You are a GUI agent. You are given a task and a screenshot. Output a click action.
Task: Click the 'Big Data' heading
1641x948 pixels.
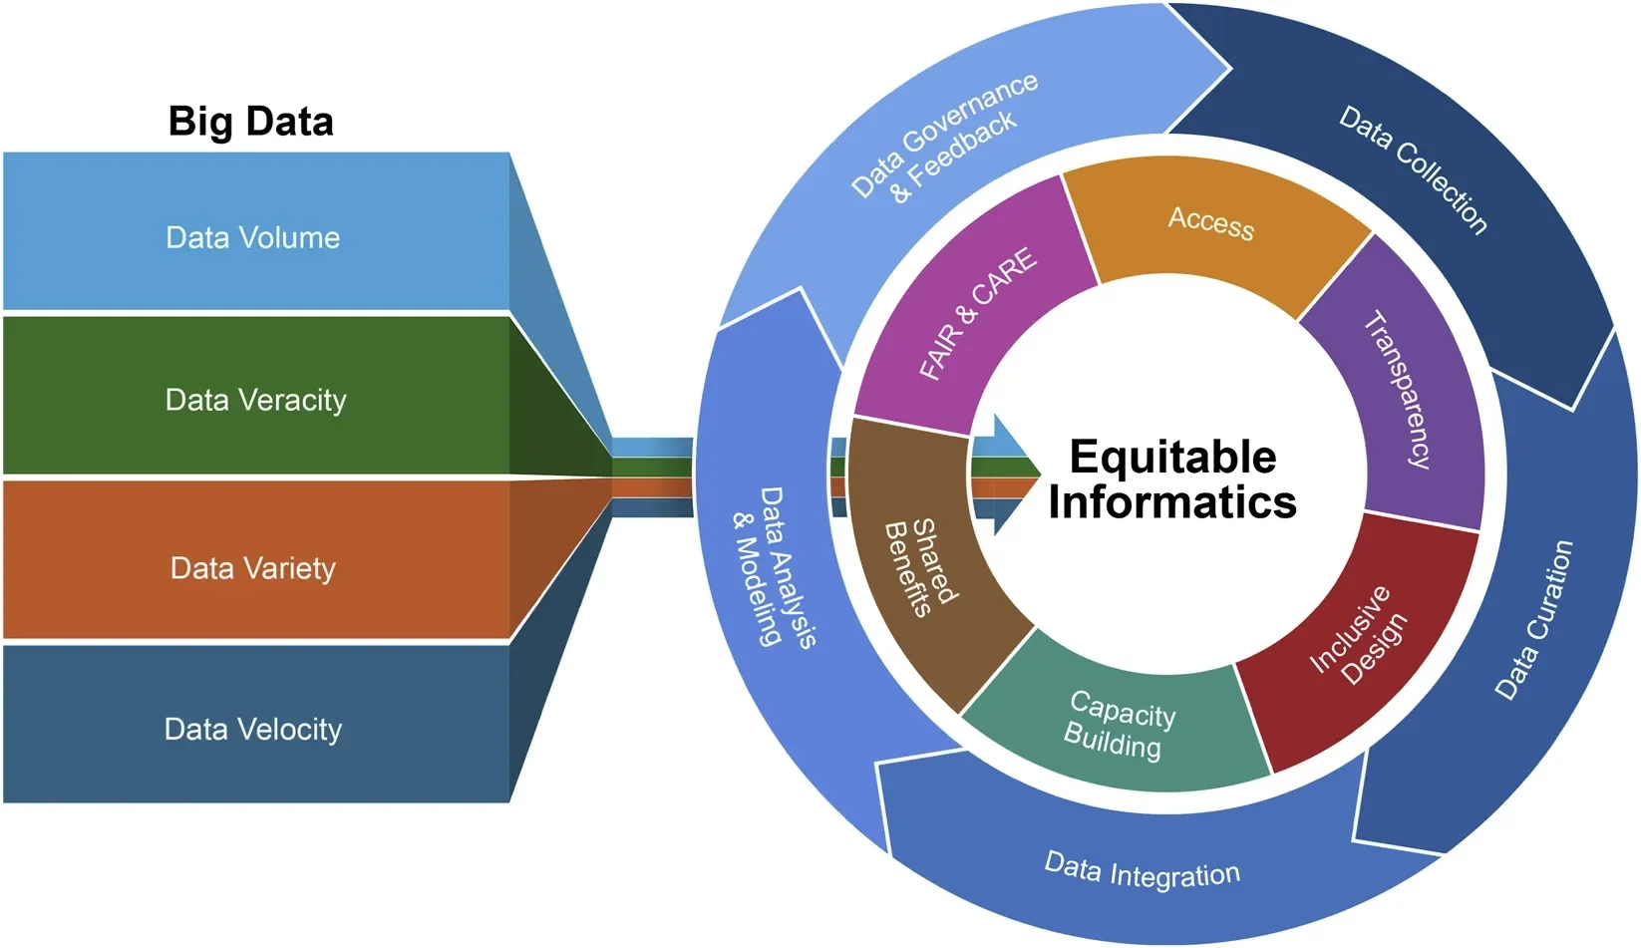[x=250, y=122]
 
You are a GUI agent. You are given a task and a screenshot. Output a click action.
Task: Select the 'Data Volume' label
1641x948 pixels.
[x=252, y=238]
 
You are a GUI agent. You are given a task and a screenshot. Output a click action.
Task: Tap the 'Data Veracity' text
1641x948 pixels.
[x=255, y=401]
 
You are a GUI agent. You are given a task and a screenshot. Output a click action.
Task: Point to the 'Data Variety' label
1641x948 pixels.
[x=252, y=569]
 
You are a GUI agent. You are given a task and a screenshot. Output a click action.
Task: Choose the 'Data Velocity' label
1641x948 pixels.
[x=252, y=730]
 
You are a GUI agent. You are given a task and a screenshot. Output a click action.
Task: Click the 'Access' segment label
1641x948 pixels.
[x=1210, y=221]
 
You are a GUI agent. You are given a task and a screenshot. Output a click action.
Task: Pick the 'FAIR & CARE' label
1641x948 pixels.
[x=977, y=314]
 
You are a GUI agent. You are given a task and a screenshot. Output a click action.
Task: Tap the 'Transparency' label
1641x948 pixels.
[x=1398, y=390]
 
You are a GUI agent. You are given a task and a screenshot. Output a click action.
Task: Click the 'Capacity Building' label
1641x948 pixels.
[x=1118, y=726]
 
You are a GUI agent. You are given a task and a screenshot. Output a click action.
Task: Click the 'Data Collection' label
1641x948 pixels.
[x=1413, y=169]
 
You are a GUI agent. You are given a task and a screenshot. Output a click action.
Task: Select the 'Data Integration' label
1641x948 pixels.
[x=1142, y=872]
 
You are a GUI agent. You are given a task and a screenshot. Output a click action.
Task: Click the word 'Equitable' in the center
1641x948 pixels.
[x=1172, y=458]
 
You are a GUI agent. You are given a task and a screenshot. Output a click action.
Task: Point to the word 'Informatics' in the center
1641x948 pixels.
[x=1172, y=501]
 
